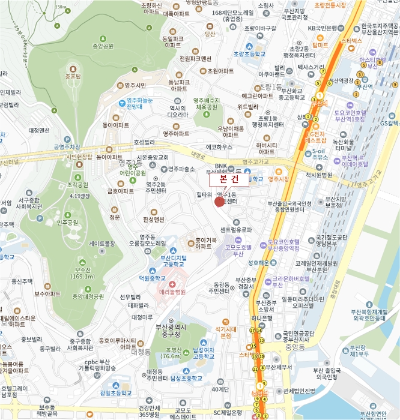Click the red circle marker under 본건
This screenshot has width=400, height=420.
pyautogui.click(x=219, y=202)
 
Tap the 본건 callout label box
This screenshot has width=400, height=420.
pyautogui.click(x=228, y=179)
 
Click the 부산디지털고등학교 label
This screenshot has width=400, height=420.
pyautogui.click(x=174, y=261)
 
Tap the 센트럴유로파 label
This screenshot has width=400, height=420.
pyautogui.click(x=235, y=229)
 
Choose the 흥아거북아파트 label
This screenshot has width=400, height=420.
pyautogui.click(x=202, y=243)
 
